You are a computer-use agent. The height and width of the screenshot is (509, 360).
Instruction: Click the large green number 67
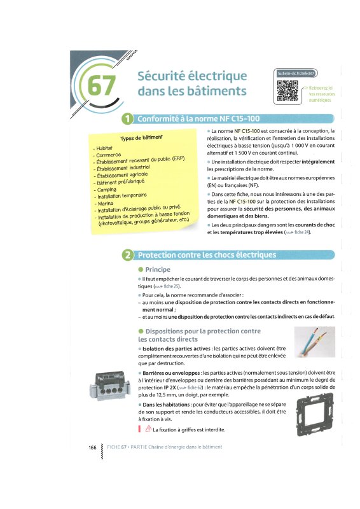click(x=101, y=85)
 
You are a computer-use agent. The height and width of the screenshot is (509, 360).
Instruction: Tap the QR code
click(x=287, y=91)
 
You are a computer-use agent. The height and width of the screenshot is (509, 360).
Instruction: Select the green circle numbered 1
click(x=128, y=119)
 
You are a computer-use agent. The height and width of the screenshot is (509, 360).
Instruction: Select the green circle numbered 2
click(x=128, y=255)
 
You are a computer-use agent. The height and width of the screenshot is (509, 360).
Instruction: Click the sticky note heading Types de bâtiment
click(x=142, y=137)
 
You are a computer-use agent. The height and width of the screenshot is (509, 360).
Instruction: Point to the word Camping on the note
click(x=106, y=190)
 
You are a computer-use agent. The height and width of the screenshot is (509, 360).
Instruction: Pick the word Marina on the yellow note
click(x=106, y=204)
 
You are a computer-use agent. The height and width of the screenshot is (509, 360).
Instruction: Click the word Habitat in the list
click(x=104, y=148)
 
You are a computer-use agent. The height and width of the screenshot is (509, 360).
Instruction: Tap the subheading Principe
click(x=158, y=269)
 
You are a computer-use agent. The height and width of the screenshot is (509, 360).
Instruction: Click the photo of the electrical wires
click(x=315, y=342)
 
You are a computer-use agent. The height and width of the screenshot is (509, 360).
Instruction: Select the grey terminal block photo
click(x=110, y=385)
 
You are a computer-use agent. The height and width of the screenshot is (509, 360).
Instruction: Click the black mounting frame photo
click(x=315, y=415)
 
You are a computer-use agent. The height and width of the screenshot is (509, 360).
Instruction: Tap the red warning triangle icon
click(x=148, y=429)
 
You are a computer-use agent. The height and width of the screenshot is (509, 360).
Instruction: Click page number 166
click(x=92, y=447)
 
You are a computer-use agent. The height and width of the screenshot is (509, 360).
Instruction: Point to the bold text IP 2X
click(x=170, y=387)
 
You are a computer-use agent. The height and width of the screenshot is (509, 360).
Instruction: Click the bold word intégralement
click(x=318, y=162)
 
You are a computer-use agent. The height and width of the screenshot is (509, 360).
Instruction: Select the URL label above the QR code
click(x=296, y=74)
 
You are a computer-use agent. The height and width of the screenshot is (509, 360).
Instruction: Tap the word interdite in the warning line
click(x=214, y=430)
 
